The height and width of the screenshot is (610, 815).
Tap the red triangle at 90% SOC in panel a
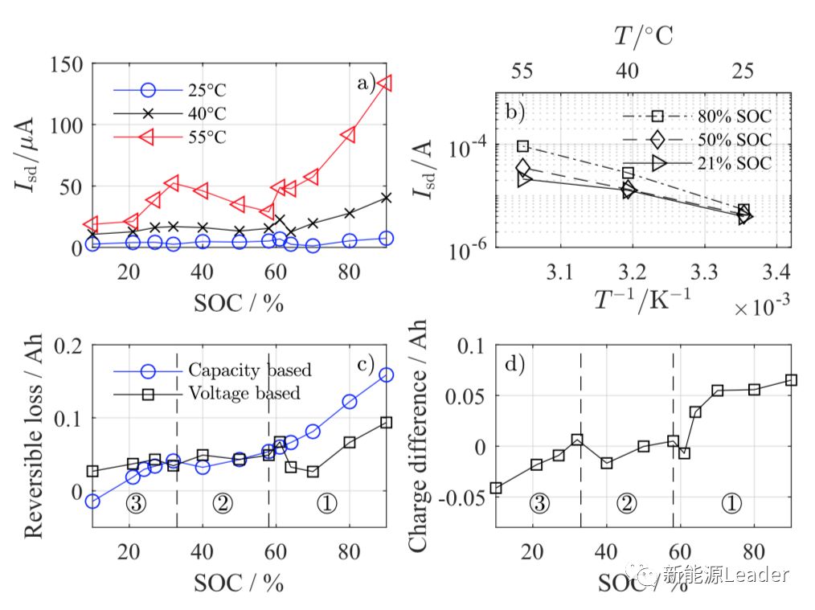386,83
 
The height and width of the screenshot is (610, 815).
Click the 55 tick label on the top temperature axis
522,72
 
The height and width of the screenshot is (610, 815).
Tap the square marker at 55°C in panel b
522,146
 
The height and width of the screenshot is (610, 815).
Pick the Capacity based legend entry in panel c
250,371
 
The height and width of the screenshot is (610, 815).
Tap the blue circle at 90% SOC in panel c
386,375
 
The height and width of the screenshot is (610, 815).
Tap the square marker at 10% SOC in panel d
496,488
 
